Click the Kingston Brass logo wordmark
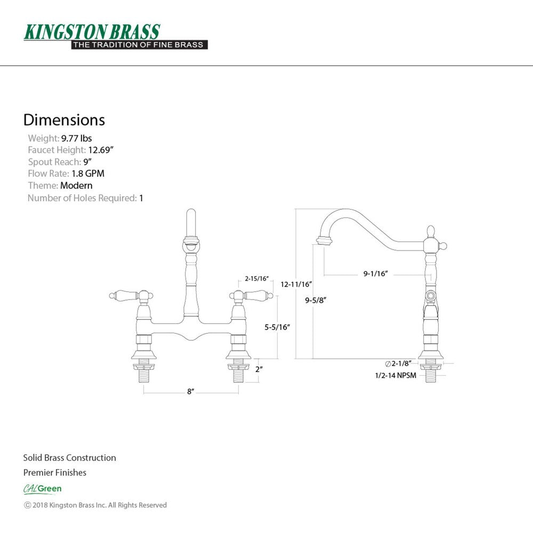(92, 32)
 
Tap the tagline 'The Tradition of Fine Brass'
(139, 45)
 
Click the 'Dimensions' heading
(64, 120)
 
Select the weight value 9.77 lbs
(76, 139)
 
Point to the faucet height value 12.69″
(101, 150)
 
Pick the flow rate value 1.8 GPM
(88, 173)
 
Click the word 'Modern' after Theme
(76, 185)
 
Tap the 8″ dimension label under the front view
(190, 392)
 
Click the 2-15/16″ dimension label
(257, 279)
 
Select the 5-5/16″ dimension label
(277, 327)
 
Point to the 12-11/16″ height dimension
(296, 284)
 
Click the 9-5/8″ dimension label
(316, 300)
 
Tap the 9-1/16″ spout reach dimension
(376, 273)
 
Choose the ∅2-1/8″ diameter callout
(398, 364)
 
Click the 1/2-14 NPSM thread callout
(395, 376)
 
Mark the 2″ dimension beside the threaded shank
(259, 369)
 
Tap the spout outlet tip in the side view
(324, 241)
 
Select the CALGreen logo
(43, 489)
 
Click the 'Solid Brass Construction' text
(69, 457)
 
